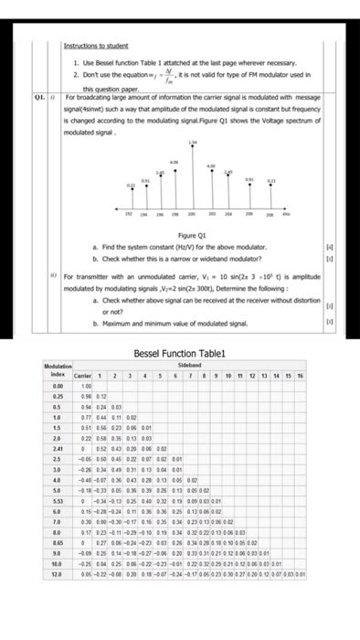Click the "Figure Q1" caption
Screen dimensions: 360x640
[x=189, y=235]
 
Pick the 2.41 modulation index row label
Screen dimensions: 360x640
[x=57, y=448]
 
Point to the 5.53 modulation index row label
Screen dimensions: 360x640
[x=57, y=500]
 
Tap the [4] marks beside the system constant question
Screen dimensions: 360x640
[x=342, y=247]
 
